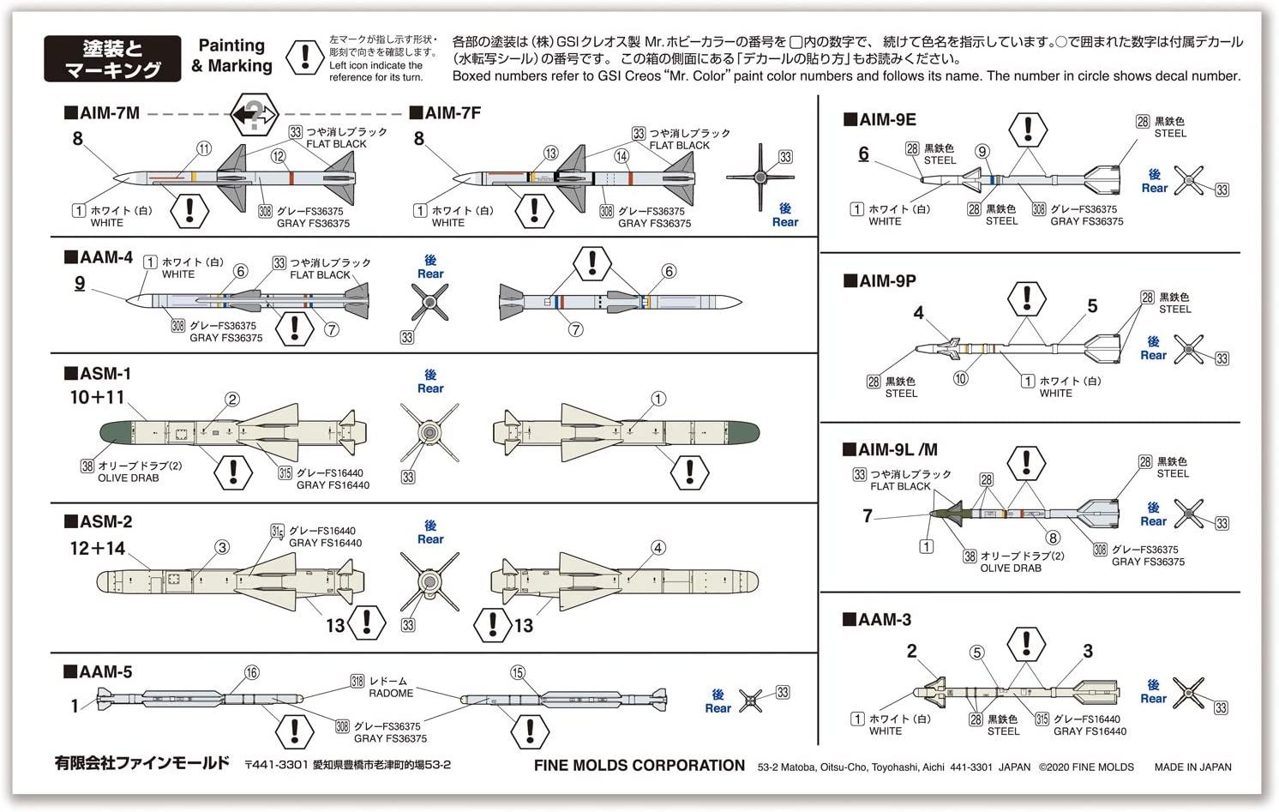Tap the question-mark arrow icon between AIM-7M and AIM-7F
point(254,113)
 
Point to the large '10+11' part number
point(97,398)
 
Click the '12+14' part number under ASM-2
point(97,549)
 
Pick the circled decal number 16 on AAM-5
point(251,673)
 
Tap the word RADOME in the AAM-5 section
point(391,693)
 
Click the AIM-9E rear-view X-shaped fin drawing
point(1189,181)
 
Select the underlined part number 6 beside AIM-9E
point(863,153)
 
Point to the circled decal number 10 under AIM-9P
point(960,378)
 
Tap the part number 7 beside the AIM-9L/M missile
point(868,515)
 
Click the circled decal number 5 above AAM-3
point(976,653)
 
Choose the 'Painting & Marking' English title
point(231,56)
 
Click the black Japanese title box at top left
point(112,58)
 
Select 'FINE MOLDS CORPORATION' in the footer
point(639,766)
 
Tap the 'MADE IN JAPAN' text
point(1192,767)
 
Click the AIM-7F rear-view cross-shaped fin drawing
point(760,178)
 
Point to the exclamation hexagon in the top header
point(303,57)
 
